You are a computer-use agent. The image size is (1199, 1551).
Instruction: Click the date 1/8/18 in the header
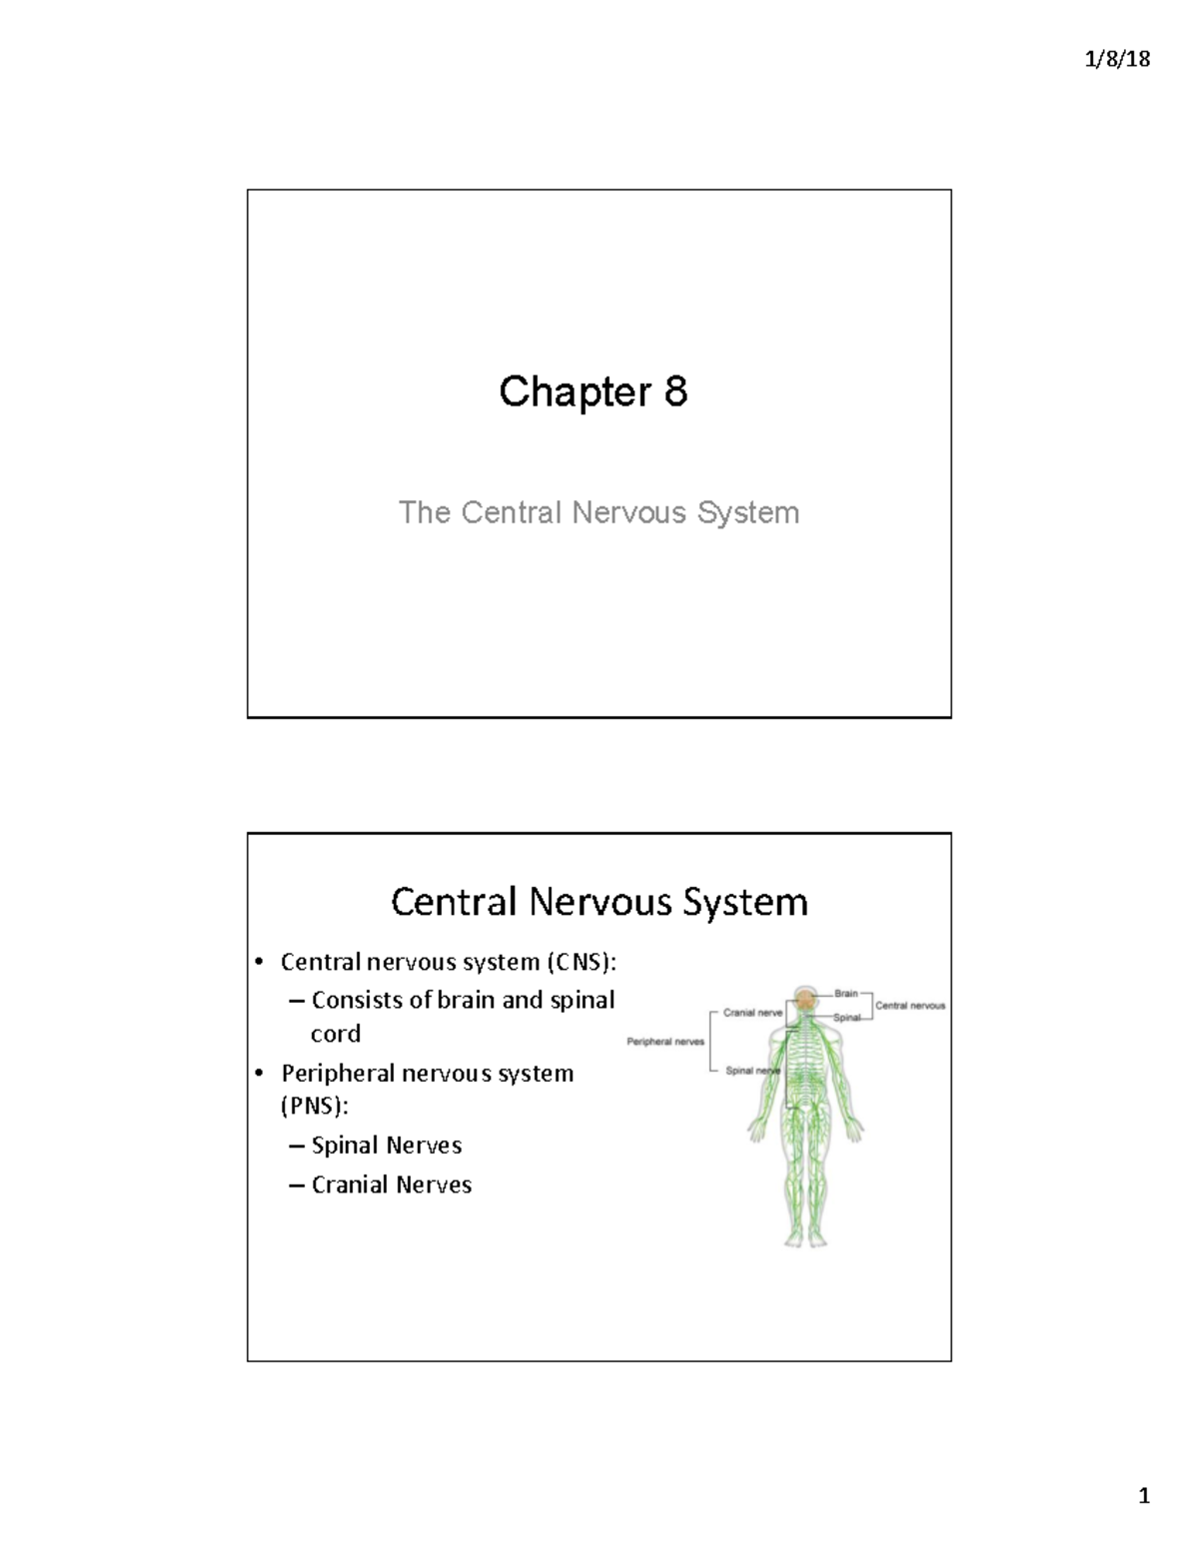click(1117, 59)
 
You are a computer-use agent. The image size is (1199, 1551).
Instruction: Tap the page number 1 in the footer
click(1144, 1495)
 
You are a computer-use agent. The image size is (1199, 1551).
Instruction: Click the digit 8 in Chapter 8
click(675, 390)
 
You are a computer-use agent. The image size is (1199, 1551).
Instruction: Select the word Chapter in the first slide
click(575, 391)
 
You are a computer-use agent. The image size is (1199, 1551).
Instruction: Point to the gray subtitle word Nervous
click(628, 512)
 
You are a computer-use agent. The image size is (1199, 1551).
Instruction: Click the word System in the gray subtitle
click(748, 512)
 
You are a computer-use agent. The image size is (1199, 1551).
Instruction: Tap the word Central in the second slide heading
click(455, 901)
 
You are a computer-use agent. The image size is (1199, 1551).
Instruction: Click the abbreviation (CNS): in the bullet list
click(582, 962)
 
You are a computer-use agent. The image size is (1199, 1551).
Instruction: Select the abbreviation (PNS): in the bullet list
click(314, 1107)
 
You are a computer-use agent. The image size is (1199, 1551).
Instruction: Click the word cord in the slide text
click(336, 1034)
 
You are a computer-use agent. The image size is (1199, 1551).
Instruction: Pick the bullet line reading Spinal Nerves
click(386, 1145)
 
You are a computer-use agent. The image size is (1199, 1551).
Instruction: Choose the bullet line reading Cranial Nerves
click(391, 1184)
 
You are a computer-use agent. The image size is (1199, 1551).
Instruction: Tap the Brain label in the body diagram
click(846, 993)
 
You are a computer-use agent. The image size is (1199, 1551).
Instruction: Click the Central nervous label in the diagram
click(909, 1006)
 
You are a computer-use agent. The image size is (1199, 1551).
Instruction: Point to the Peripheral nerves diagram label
click(665, 1042)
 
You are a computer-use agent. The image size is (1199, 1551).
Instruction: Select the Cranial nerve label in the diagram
click(752, 1013)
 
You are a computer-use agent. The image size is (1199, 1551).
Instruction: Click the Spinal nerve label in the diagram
click(751, 1071)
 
